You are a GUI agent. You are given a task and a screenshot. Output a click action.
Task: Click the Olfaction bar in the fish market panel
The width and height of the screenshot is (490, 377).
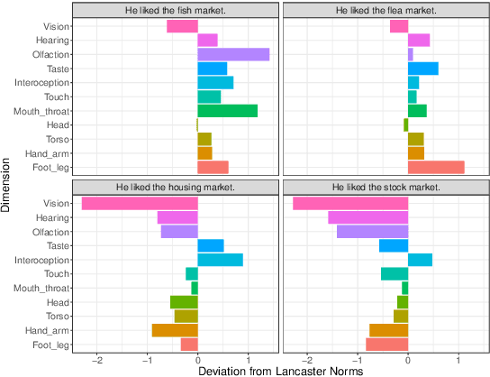[x=233, y=54]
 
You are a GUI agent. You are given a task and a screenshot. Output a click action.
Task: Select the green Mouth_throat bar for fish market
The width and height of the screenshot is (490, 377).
[x=227, y=111]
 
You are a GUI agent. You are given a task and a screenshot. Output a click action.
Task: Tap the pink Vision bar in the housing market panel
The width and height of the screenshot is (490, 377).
[x=140, y=204]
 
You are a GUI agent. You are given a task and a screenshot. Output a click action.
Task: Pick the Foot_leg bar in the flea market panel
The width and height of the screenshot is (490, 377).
[x=436, y=167]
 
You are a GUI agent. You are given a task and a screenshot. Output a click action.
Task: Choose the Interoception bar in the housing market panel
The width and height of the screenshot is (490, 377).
[x=220, y=260]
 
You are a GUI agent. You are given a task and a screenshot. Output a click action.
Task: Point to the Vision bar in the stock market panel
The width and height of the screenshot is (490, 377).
[x=350, y=204]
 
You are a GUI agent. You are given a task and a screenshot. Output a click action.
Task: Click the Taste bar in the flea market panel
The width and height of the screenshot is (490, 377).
[x=422, y=69]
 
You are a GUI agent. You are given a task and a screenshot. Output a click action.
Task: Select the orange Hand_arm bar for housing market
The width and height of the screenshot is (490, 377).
[x=175, y=330]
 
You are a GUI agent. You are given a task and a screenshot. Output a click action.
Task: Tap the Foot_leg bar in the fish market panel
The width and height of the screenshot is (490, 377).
[x=213, y=167]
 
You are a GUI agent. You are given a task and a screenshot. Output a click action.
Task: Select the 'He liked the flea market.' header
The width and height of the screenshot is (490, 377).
[x=386, y=10]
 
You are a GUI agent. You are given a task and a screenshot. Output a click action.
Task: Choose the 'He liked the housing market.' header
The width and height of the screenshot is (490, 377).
[x=175, y=187]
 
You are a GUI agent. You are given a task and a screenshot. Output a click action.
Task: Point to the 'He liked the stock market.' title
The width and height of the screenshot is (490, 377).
[x=386, y=187]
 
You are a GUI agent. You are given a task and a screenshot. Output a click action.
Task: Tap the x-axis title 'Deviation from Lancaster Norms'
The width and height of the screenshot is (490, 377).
[x=279, y=370]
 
